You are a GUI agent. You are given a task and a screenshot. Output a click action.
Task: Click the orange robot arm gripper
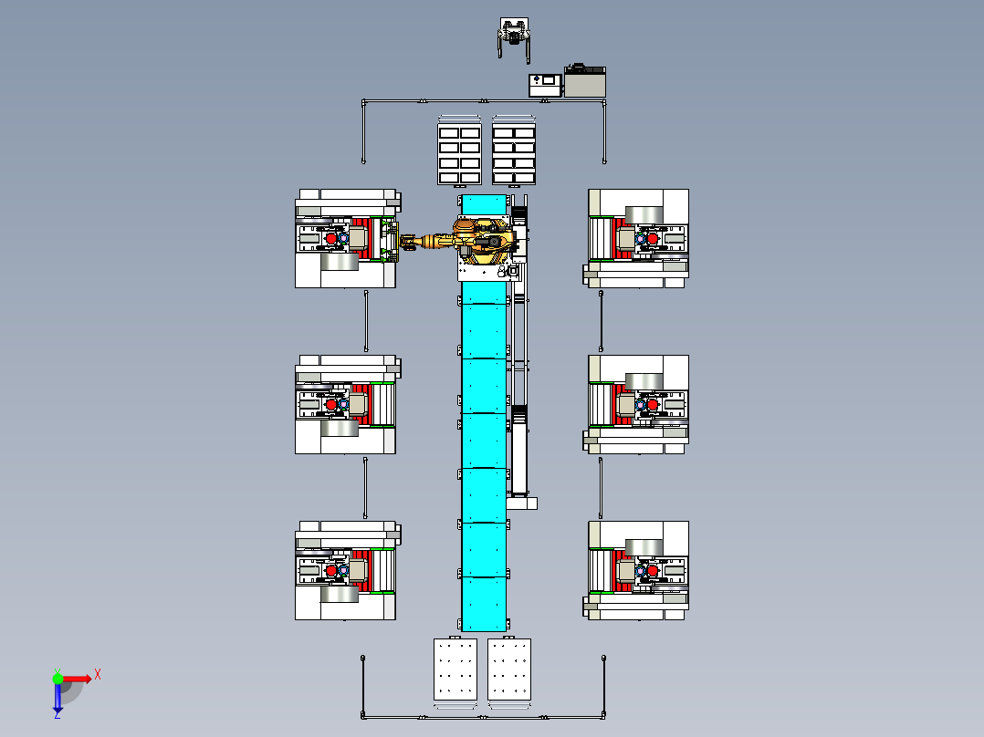coord(408,243)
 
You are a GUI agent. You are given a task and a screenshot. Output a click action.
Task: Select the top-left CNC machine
coord(346,239)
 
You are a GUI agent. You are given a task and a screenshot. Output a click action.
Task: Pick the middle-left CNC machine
coord(346,404)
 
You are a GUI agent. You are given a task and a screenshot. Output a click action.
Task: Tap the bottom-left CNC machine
coord(346,571)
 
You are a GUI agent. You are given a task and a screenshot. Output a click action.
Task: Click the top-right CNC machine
coord(637,239)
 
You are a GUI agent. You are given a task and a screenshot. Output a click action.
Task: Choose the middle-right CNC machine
coord(637,404)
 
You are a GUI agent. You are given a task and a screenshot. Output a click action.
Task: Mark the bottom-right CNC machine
coord(637,571)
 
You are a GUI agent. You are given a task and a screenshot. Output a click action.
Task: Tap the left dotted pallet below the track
coord(455,670)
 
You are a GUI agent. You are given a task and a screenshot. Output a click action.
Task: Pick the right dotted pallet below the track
coord(509,670)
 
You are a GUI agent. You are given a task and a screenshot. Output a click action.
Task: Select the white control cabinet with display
coord(546,85)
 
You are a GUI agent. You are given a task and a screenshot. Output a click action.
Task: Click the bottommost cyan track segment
coord(484,603)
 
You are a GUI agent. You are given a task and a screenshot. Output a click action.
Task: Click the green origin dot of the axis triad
coord(58,678)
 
